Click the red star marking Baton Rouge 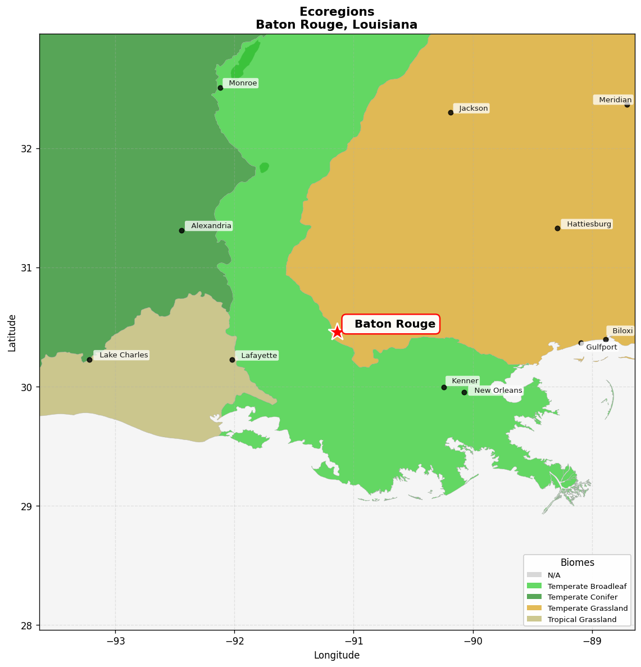(x=337, y=332)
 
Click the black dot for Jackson (x=451, y=112)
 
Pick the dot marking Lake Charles (x=89, y=360)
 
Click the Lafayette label (x=258, y=356)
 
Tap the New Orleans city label (x=497, y=391)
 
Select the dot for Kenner (x=444, y=387)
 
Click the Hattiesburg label (x=588, y=224)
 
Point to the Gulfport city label (x=601, y=347)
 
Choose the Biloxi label (x=621, y=331)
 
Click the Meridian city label (x=614, y=100)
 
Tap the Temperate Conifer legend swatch (x=534, y=597)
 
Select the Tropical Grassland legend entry (x=581, y=619)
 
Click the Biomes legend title (x=577, y=562)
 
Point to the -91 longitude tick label (x=353, y=640)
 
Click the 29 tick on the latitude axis (x=28, y=506)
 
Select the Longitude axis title (x=337, y=655)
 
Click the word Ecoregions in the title (x=337, y=12)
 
